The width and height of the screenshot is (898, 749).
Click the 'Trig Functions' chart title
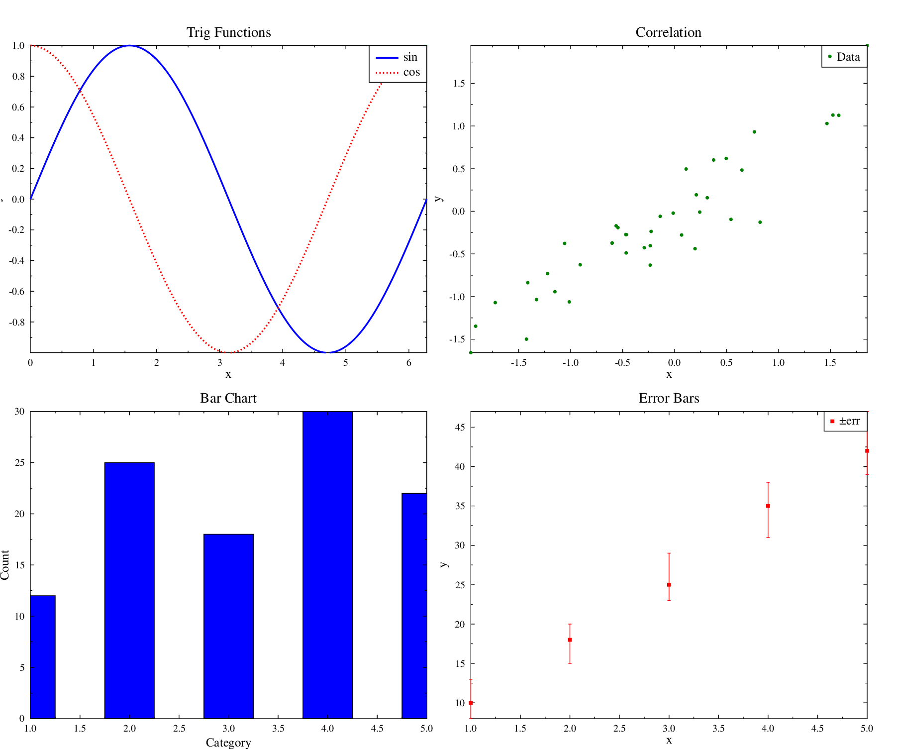click(x=228, y=32)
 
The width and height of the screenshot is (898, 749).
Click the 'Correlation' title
click(x=668, y=32)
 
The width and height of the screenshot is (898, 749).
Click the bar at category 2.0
click(x=129, y=590)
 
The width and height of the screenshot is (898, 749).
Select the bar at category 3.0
click(x=228, y=626)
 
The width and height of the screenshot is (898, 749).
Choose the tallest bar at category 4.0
click(x=327, y=564)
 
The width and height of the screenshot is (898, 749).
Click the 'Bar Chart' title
click(x=228, y=398)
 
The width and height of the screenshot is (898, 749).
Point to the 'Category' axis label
click(x=228, y=743)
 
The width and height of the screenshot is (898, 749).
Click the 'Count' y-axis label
click(x=5, y=564)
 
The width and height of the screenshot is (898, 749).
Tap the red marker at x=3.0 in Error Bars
click(x=669, y=585)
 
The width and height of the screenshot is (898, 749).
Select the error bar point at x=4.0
click(x=768, y=506)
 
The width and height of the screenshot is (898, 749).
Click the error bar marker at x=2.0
click(x=570, y=640)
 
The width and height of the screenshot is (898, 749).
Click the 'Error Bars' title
click(x=669, y=398)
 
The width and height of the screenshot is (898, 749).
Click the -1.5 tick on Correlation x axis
click(x=518, y=363)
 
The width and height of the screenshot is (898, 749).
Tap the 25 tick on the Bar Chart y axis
click(x=19, y=463)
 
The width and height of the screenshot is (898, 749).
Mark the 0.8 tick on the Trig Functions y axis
click(x=18, y=77)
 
